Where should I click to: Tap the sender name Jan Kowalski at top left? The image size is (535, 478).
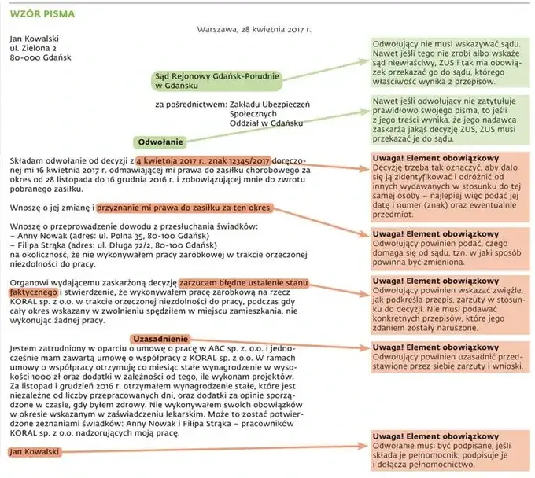point(34,38)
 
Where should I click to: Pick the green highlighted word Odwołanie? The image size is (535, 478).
point(160,142)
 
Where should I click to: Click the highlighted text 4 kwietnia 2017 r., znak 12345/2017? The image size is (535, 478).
point(203,160)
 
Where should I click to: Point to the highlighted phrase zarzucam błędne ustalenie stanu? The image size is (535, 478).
point(242,281)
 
